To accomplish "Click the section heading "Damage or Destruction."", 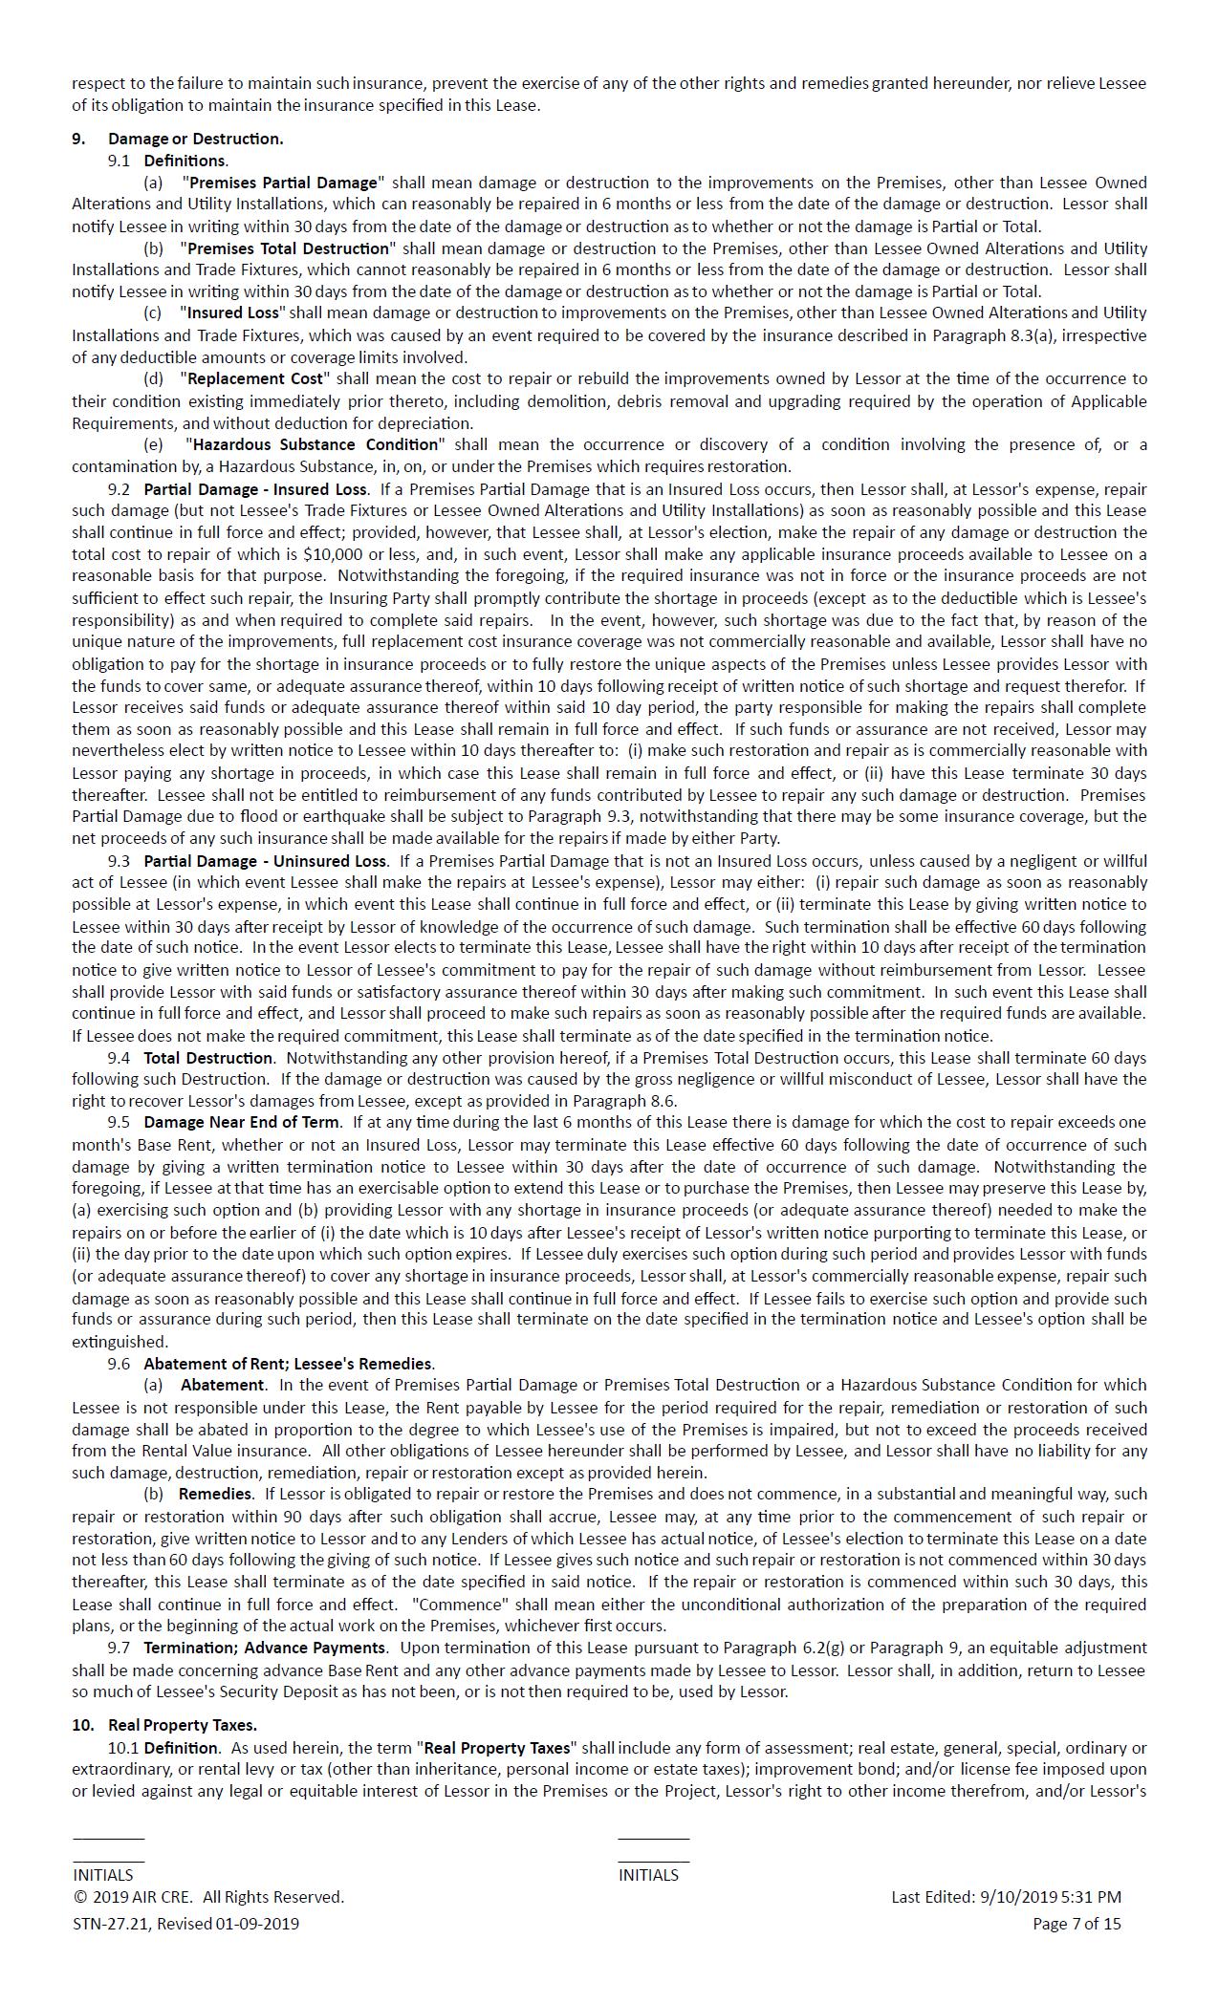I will coord(195,139).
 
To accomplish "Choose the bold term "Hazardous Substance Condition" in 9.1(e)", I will coord(315,444).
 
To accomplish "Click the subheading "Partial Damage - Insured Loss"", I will coord(255,489).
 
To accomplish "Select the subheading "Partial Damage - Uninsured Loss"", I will coord(265,861).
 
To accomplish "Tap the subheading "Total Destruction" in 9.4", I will coord(207,1058).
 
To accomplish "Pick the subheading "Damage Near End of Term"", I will coord(241,1122).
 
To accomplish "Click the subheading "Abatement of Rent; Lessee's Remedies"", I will coord(289,1364).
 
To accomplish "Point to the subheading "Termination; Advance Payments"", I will coord(265,1648).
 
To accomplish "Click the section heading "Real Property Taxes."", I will coord(182,1725).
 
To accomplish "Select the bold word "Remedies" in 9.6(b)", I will coord(215,1494).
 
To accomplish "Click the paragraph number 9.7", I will coord(119,1648).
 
